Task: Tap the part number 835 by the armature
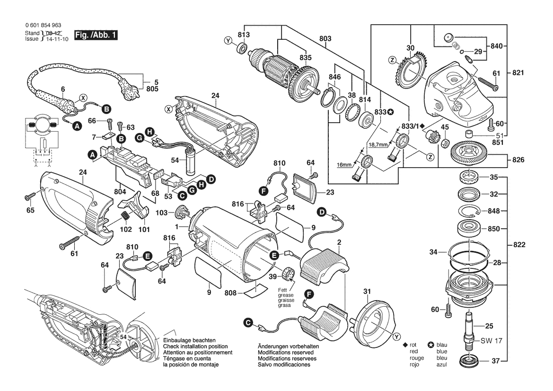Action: click(306, 58)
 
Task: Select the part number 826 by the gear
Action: click(518, 160)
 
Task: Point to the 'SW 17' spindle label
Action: click(492, 341)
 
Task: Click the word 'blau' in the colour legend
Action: click(442, 345)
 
